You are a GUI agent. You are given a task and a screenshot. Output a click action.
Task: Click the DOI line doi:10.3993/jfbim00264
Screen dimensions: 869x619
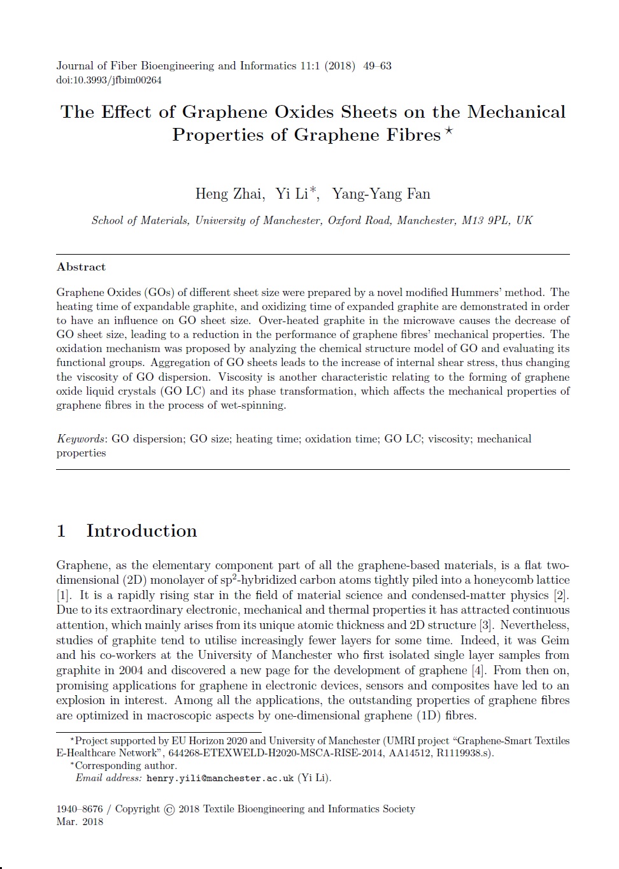(x=109, y=80)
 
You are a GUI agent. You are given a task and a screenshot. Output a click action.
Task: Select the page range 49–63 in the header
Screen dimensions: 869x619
(x=377, y=66)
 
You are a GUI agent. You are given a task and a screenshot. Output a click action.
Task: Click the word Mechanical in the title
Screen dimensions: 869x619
(x=516, y=112)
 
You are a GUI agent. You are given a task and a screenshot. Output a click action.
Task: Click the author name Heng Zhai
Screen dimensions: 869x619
(x=229, y=194)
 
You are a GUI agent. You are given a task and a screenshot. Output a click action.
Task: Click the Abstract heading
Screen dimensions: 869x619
(x=81, y=267)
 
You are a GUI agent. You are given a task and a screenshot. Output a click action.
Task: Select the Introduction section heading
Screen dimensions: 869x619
(x=141, y=531)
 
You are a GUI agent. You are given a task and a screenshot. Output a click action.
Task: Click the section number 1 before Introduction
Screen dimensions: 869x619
(x=61, y=531)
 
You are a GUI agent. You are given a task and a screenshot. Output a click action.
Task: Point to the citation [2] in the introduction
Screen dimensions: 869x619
(x=560, y=595)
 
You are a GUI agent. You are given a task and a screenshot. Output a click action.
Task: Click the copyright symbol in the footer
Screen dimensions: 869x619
(x=169, y=810)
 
